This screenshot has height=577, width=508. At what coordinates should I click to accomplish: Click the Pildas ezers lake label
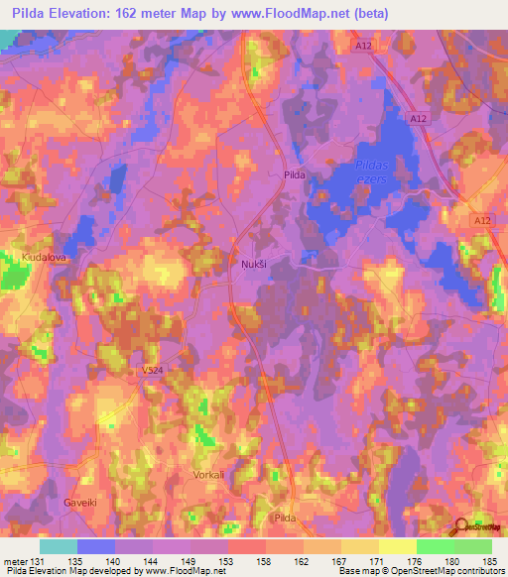coord(374,171)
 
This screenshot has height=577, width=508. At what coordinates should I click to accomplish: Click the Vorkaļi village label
coord(208,475)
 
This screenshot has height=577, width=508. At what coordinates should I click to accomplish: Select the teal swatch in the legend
coord(59,546)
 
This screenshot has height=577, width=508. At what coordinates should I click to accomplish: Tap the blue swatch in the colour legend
coord(96,546)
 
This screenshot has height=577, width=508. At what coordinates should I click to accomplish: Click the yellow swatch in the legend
coord(397,546)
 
